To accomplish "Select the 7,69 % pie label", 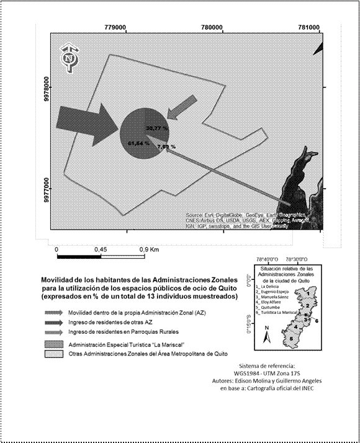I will [x=166, y=147].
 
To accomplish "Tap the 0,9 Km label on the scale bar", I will [x=150, y=249].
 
